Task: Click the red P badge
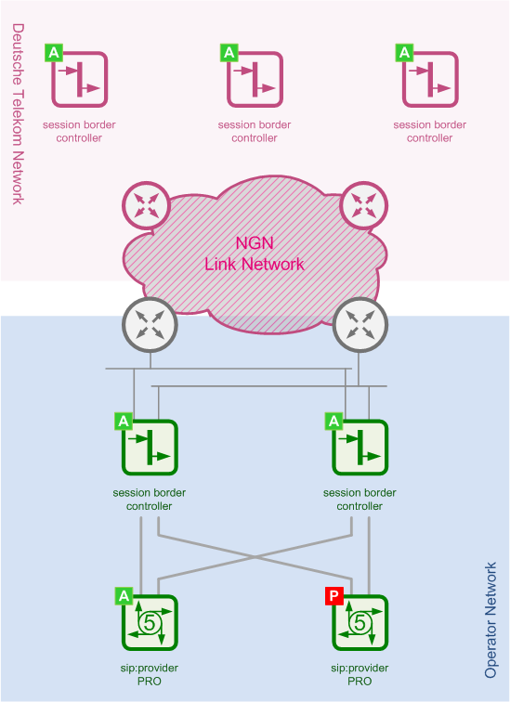click(333, 596)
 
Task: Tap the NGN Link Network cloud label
click(255, 253)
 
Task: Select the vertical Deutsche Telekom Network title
click(18, 114)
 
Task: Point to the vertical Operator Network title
click(490, 620)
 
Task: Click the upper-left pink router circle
click(146, 206)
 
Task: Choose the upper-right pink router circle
click(363, 206)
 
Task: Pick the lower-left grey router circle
click(150, 326)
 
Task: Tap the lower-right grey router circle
click(360, 326)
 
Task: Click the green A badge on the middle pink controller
click(229, 53)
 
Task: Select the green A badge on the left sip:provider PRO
click(124, 596)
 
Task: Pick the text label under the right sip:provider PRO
click(360, 674)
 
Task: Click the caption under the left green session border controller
click(150, 500)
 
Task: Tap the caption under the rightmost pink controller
click(430, 131)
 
